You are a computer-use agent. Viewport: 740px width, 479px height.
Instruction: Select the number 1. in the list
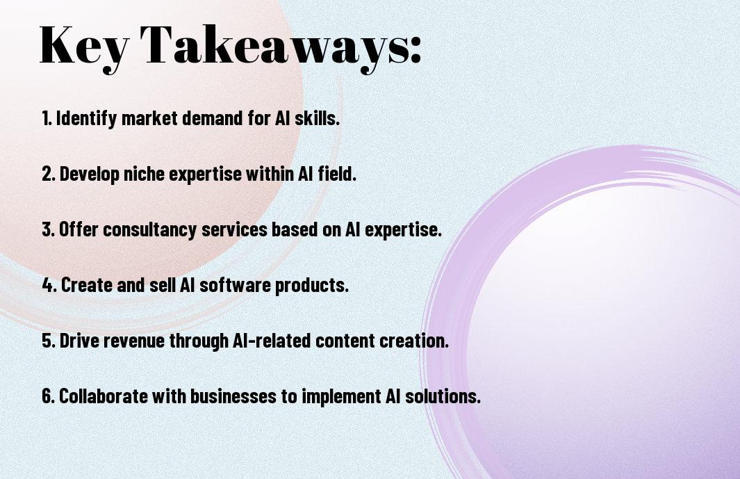(47, 119)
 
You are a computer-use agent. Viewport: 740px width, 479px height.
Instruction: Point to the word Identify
(86, 119)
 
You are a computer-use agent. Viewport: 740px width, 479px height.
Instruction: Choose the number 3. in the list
(49, 230)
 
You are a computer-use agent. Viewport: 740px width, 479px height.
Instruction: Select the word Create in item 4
(84, 285)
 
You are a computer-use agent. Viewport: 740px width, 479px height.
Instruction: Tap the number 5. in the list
(49, 341)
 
